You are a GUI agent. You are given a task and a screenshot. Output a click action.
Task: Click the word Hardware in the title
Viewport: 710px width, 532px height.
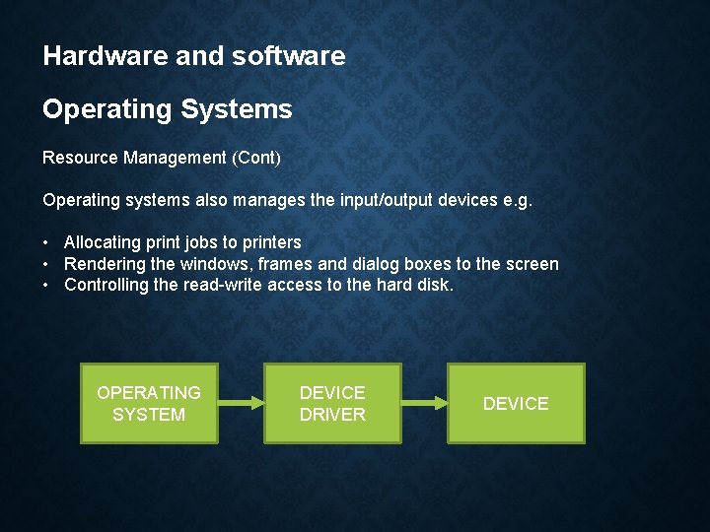point(93,56)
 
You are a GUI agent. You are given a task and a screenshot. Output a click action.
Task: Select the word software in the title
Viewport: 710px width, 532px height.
point(288,56)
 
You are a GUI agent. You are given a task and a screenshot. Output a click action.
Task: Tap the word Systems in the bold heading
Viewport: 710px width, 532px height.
point(237,109)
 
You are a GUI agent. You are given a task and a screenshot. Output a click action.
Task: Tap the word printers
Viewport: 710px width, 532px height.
point(269,242)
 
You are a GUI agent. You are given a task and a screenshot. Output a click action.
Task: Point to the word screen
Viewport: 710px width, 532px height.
point(532,264)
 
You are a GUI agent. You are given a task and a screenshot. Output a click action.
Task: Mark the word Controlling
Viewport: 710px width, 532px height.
point(106,286)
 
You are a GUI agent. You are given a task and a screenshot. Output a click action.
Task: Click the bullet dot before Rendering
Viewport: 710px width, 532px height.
point(47,264)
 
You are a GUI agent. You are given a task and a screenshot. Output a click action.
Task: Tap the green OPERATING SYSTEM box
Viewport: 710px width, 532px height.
point(149,403)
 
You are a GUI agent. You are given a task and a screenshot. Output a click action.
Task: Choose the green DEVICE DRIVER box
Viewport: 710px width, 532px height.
point(332,403)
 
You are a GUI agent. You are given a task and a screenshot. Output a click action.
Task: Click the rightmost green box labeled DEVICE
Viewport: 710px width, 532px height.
point(516,403)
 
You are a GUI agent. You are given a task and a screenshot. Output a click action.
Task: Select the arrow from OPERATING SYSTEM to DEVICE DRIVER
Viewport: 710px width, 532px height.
point(241,403)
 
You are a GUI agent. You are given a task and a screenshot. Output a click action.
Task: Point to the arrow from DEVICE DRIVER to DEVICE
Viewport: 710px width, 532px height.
point(424,403)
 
